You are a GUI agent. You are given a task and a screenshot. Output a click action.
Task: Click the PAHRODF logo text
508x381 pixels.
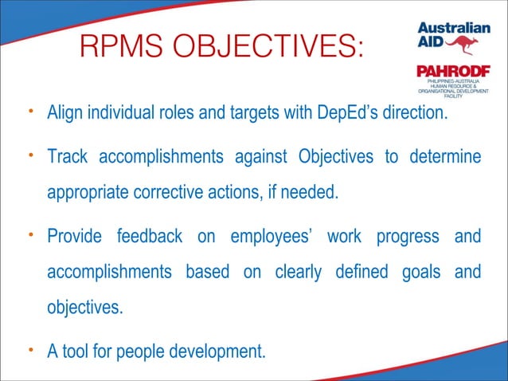[451, 73]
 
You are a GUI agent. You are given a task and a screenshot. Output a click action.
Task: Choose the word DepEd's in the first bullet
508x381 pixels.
[359, 113]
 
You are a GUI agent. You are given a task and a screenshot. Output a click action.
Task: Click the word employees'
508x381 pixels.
[268, 237]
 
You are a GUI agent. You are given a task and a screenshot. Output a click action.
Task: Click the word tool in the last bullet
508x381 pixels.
[76, 351]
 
